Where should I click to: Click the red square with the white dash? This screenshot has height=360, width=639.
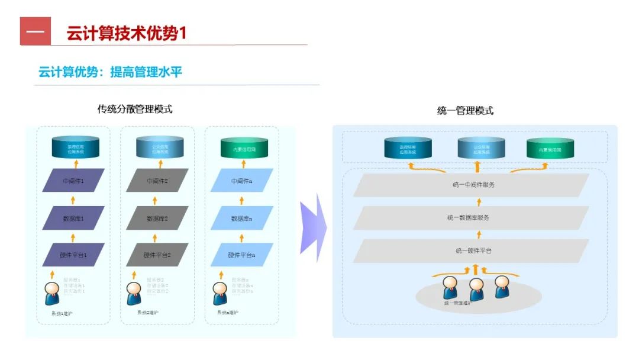click(35, 31)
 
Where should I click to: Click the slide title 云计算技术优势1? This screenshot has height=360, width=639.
click(127, 33)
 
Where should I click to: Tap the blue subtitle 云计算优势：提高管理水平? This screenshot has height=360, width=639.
click(110, 72)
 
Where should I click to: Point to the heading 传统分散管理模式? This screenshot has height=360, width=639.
click(135, 110)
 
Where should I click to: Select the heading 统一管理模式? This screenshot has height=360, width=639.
click(465, 111)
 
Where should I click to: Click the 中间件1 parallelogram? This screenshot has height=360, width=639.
click(73, 181)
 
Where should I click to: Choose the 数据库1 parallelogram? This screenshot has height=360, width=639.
click(73, 218)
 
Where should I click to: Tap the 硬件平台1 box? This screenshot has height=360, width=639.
click(73, 255)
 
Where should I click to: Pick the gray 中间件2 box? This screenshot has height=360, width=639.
click(157, 181)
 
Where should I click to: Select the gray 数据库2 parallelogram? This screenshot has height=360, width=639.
click(157, 218)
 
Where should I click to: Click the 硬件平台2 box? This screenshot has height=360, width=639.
click(157, 255)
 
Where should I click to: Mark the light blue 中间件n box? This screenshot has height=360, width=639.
click(242, 181)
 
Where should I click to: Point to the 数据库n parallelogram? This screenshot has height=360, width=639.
click(242, 218)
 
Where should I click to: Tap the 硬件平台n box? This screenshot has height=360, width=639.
click(242, 255)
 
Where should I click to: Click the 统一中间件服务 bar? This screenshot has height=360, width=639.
click(471, 185)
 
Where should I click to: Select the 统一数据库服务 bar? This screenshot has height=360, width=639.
click(471, 218)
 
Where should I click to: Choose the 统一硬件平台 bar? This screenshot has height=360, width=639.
click(471, 251)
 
